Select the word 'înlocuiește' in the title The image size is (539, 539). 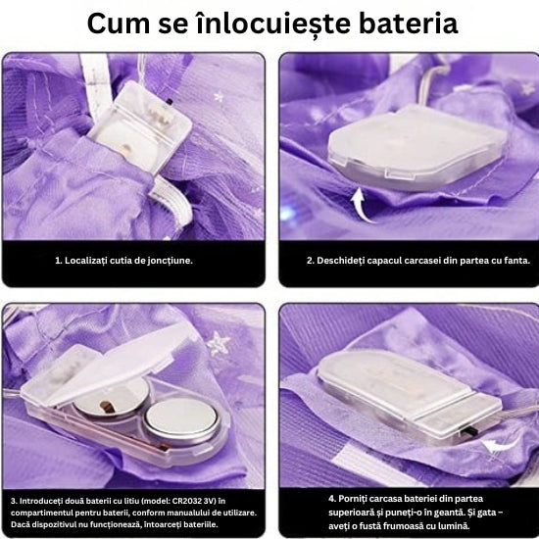273,24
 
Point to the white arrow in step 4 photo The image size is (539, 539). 500,446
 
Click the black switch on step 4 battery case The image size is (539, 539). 466,431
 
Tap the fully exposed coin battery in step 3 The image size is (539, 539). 181,421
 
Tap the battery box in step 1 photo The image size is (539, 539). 141,127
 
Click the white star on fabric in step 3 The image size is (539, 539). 218,343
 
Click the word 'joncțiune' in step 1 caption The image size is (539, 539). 170,261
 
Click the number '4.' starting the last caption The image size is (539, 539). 332,499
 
